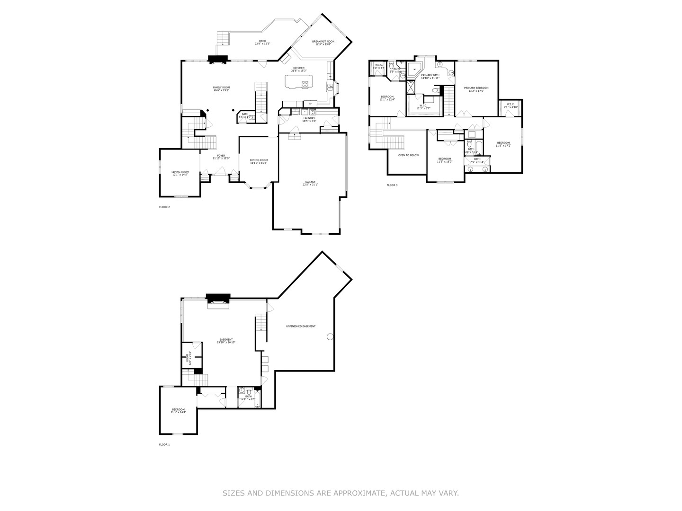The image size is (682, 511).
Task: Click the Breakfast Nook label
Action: click(323, 42)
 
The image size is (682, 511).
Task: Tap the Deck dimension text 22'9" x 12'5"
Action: click(262, 44)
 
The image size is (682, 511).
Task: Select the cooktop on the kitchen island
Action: click(305, 84)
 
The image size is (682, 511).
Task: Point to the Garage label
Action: click(310, 182)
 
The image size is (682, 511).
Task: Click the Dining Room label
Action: click(259, 160)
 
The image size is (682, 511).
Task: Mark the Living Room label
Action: click(180, 172)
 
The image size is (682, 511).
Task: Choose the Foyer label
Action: click(221, 155)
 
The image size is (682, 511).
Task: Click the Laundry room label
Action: click(309, 118)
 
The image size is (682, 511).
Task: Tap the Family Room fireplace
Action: click(218, 60)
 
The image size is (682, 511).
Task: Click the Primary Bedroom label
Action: click(476, 88)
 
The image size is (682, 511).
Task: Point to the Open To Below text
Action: click(408, 155)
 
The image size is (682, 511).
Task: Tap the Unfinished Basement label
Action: click(301, 326)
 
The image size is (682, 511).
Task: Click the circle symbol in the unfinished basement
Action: click(330, 336)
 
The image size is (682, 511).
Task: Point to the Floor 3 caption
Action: click(392, 185)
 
